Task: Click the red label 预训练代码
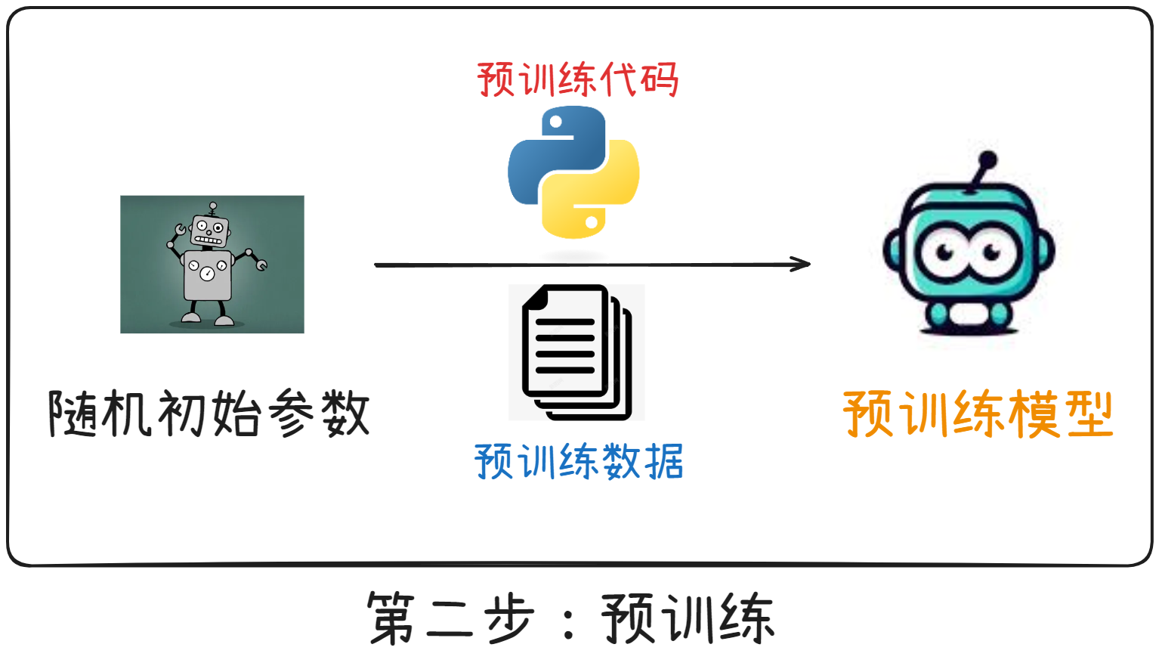[x=578, y=79]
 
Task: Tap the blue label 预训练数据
[x=579, y=461]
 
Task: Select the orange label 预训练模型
[x=978, y=413]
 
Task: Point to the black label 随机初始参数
[x=209, y=413]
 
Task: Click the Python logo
[x=573, y=172]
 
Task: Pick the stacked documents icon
[x=576, y=352]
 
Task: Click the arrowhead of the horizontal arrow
[x=802, y=264]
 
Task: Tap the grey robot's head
[x=209, y=231]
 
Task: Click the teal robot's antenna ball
[x=987, y=160]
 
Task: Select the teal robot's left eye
[x=944, y=252]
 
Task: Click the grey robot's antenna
[x=213, y=207]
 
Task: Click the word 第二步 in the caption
[x=451, y=618]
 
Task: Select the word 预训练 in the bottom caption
[x=688, y=618]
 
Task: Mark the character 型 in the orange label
[x=1088, y=413]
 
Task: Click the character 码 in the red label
[x=659, y=79]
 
